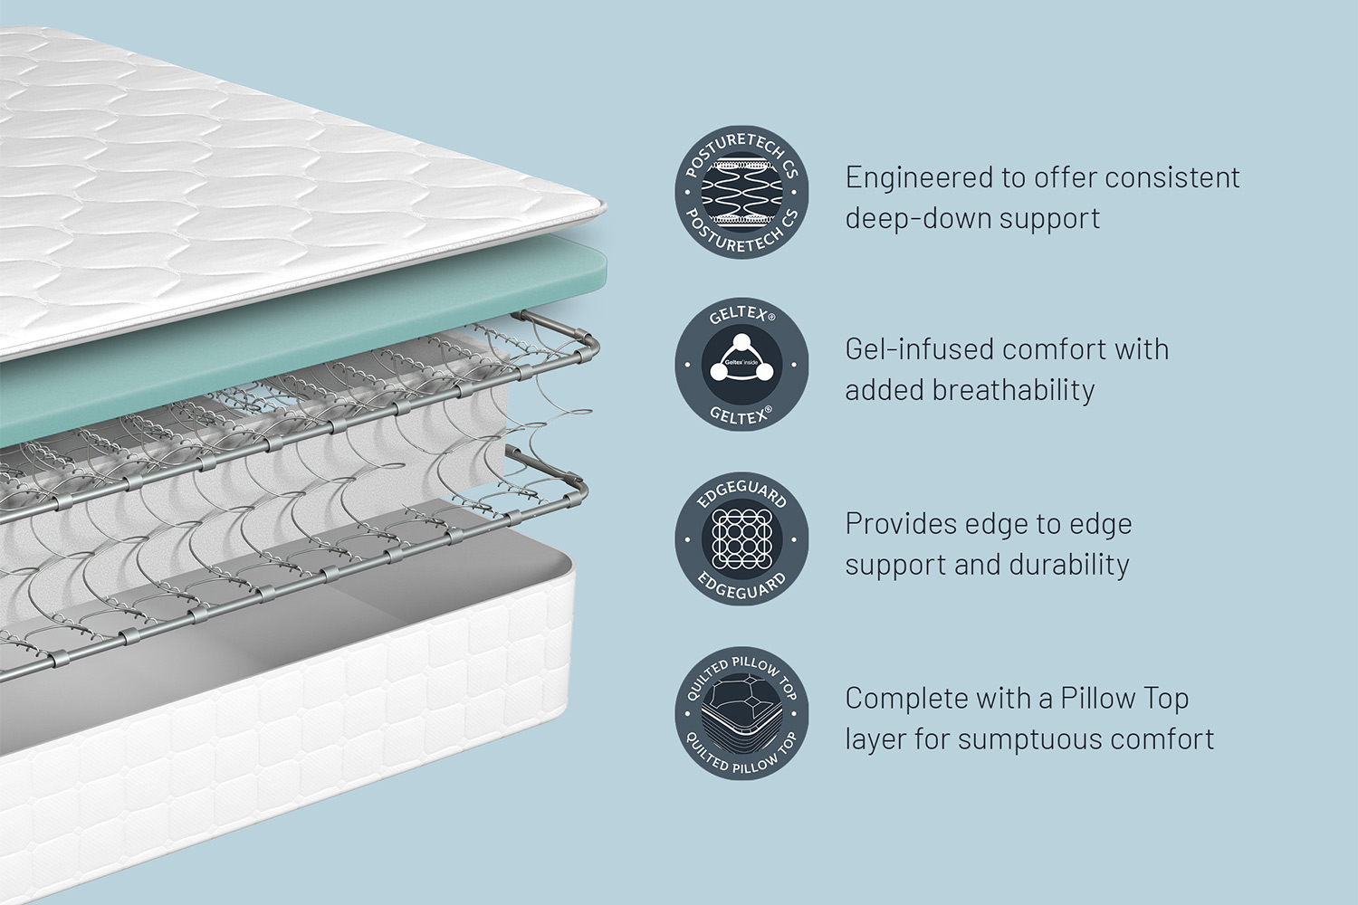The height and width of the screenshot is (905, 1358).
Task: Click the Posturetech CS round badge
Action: [741, 192]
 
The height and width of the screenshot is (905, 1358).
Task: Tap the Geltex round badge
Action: [741, 365]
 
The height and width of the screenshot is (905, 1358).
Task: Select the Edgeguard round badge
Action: [741, 538]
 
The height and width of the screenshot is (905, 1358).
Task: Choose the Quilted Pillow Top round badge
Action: [741, 713]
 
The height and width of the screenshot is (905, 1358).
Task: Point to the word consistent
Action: [1172, 178]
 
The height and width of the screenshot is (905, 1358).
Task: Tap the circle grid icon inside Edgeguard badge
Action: [741, 538]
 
